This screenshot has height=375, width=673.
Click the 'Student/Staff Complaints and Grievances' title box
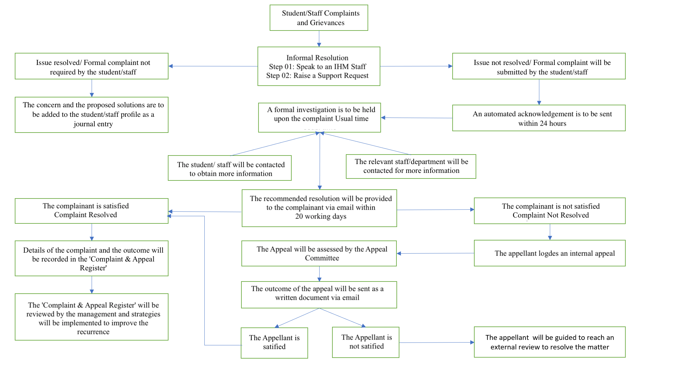319,18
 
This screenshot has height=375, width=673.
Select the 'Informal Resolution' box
319,66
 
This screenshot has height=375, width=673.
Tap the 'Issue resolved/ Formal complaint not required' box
92,66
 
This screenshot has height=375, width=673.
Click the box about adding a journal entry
92,115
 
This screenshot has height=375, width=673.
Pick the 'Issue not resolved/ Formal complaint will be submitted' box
539,66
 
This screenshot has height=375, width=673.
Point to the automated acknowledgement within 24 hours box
539,118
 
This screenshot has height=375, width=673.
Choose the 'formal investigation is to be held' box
319,117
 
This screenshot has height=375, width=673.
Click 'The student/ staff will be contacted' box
230,168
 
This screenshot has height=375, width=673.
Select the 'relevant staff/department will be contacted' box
411,166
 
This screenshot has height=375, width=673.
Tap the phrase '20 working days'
321,217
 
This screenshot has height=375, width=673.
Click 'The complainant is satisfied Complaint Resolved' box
92,211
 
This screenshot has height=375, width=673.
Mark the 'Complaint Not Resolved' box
550,211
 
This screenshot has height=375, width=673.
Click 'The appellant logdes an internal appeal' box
550,253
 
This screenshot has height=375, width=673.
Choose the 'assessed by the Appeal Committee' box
319,253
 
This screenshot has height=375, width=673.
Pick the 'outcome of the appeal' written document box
319,295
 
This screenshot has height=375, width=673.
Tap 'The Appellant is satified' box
274,343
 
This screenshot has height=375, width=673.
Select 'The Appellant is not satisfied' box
366,342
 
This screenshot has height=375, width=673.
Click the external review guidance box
550,342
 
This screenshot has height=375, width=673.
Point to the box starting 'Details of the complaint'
92,259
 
